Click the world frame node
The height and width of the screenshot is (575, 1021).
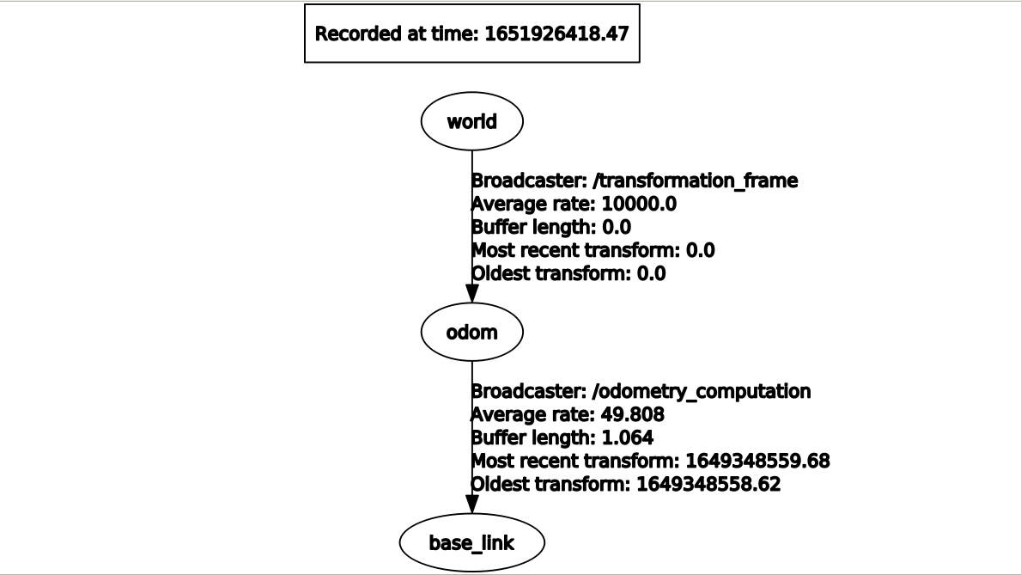[471, 121]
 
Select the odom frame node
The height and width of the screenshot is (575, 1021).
[471, 332]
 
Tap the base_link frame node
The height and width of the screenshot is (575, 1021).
[471, 542]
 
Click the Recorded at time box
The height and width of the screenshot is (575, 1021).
[471, 34]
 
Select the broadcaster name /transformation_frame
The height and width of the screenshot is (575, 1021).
[695, 181]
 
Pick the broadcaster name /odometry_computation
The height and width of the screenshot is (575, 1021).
[701, 392]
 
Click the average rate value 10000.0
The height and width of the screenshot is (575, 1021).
[632, 205]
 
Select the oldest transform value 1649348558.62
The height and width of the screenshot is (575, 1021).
[708, 485]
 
